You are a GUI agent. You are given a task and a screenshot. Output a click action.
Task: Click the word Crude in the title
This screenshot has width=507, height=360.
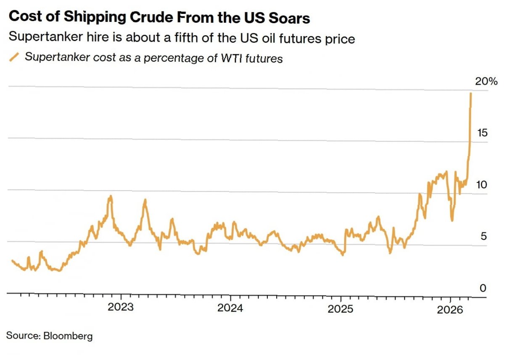[x=140, y=18]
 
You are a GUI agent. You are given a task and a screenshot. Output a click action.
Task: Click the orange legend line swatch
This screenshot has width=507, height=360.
[x=14, y=57]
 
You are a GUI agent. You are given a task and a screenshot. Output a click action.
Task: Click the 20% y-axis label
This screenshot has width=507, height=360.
[x=486, y=81]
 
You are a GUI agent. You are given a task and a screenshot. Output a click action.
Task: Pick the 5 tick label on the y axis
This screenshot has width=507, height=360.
[x=483, y=236]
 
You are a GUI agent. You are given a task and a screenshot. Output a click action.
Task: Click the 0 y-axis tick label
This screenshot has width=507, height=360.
[x=483, y=289]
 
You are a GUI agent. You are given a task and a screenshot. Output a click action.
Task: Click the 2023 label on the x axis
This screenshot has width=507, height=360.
[x=121, y=307]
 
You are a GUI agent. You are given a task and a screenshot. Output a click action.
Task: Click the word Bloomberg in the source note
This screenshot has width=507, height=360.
[x=68, y=336]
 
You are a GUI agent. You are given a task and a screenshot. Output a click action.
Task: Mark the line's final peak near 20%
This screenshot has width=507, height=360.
[x=470, y=93]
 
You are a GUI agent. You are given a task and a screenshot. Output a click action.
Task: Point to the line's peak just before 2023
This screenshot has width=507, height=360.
[x=110, y=196]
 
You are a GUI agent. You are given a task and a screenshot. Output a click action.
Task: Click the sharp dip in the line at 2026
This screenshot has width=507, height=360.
[x=452, y=220]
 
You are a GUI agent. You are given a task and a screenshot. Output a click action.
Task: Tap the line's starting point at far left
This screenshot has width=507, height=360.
[x=12, y=261]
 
